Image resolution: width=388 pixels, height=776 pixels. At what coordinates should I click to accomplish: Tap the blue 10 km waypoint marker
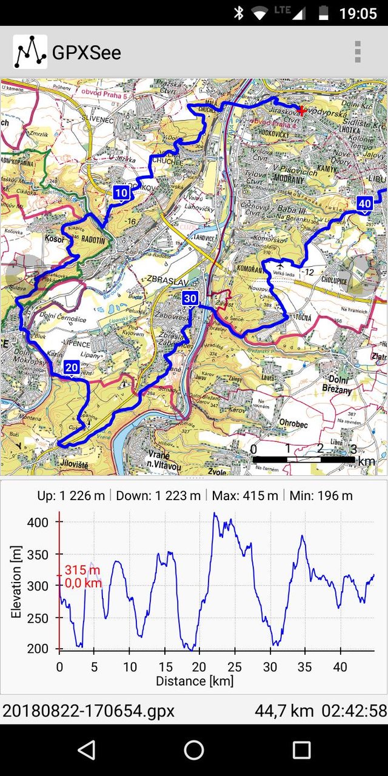click(x=121, y=193)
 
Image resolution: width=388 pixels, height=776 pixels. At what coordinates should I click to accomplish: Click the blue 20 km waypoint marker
click(x=72, y=367)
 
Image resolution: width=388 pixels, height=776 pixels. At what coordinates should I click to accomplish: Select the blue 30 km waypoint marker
click(x=190, y=298)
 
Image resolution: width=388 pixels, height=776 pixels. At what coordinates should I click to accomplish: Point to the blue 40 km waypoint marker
click(x=364, y=203)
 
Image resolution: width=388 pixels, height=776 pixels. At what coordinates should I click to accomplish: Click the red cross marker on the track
click(x=301, y=110)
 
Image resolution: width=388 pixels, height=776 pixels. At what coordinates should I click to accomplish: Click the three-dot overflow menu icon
click(x=358, y=52)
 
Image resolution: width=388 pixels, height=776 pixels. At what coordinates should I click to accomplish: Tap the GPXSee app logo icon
click(x=30, y=52)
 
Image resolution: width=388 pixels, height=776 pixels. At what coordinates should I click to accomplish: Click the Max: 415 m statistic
click(x=245, y=496)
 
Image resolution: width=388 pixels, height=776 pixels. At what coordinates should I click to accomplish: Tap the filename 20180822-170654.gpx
click(x=89, y=711)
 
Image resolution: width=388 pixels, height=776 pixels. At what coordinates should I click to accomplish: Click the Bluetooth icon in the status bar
click(x=238, y=13)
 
